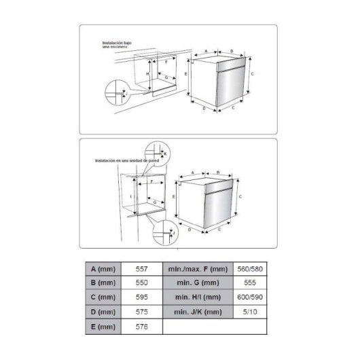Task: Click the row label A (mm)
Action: pyautogui.click(x=103, y=269)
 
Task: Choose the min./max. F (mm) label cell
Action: pyautogui.click(x=198, y=269)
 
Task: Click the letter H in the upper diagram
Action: pyautogui.click(x=147, y=73)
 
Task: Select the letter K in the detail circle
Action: pyautogui.click(x=165, y=154)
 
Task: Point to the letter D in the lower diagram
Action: pyautogui.click(x=190, y=230)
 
